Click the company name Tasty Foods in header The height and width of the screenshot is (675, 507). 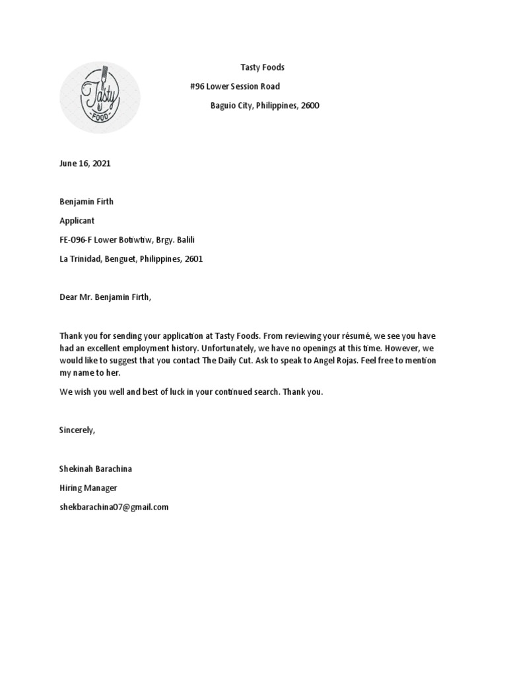point(261,68)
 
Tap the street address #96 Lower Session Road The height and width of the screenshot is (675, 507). point(234,86)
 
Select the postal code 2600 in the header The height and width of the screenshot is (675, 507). point(310,105)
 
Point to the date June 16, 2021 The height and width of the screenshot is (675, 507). point(85,163)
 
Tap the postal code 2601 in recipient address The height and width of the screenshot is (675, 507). point(193,259)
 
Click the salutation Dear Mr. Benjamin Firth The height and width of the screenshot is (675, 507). point(105,297)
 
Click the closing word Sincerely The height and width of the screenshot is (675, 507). point(77,430)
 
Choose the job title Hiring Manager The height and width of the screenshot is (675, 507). point(88,488)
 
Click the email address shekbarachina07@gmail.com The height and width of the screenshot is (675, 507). point(114,507)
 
